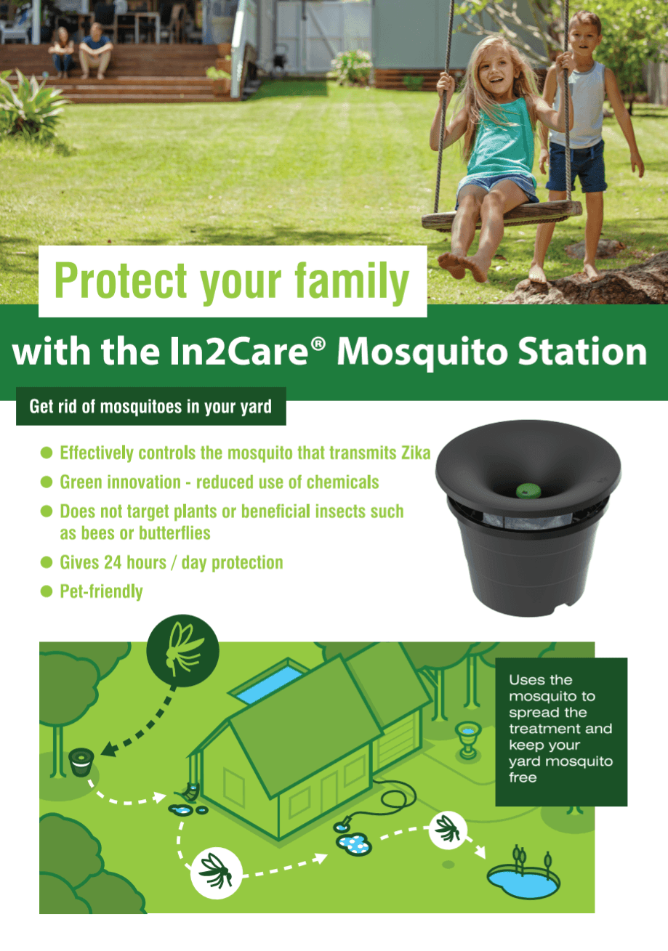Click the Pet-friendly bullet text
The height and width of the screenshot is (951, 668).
pyautogui.click(x=101, y=591)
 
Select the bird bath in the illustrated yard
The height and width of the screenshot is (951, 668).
pyautogui.click(x=467, y=738)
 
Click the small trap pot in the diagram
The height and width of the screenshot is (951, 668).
pyautogui.click(x=80, y=764)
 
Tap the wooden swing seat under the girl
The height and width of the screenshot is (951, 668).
pyautogui.click(x=501, y=217)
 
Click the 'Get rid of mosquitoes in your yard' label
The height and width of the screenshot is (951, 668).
pyautogui.click(x=150, y=406)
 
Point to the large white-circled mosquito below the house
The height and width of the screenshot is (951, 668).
pyautogui.click(x=216, y=867)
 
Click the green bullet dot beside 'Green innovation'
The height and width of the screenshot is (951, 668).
pyautogui.click(x=47, y=482)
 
